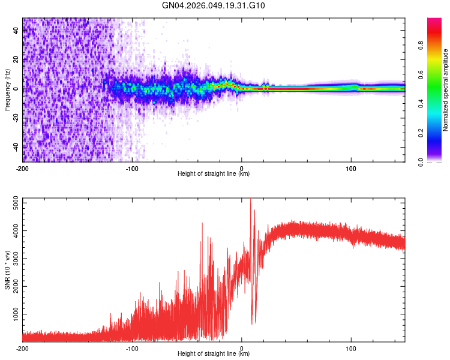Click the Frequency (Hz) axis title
[x=7, y=89]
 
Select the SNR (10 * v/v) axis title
[x=7, y=269]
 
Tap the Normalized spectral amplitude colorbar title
[x=446, y=91]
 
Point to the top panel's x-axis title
[x=214, y=173]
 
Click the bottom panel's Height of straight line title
[x=214, y=353]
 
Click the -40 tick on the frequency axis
[x=15, y=146]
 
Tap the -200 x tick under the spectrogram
[x=23, y=168]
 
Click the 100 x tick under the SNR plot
[x=351, y=348]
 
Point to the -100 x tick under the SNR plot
[x=132, y=348]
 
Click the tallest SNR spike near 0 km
[x=250, y=199]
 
